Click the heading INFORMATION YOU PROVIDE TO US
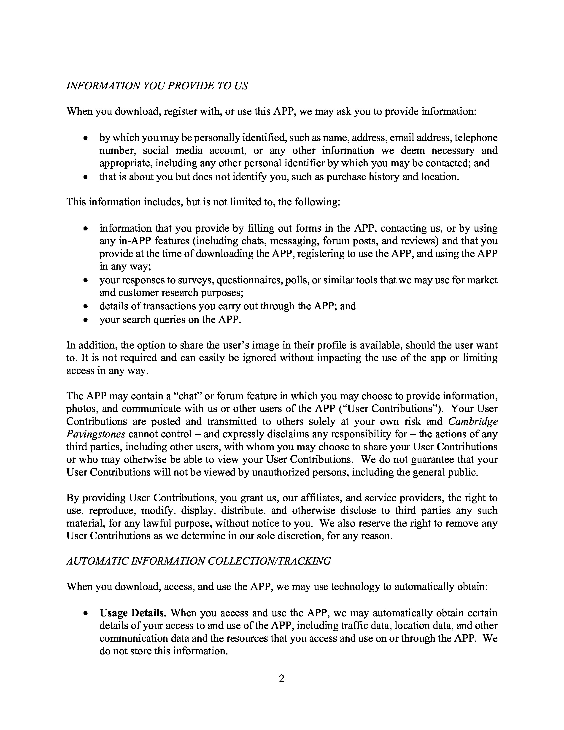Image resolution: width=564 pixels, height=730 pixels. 157,86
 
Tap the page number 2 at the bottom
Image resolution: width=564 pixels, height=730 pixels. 282,679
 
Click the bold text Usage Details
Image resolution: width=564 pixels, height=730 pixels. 133,613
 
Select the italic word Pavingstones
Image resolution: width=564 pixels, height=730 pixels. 96,434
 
